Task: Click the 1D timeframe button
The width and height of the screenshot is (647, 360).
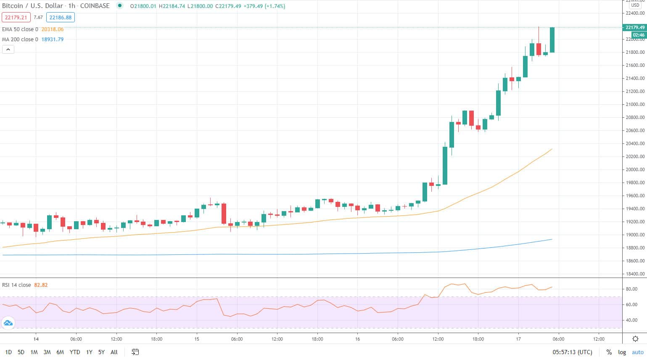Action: pyautogui.click(x=8, y=352)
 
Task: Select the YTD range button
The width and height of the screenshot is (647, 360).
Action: pyautogui.click(x=75, y=352)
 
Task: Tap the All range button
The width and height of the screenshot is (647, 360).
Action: pyautogui.click(x=114, y=352)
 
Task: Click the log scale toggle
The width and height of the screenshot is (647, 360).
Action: pyautogui.click(x=622, y=352)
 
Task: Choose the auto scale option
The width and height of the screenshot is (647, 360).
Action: pyautogui.click(x=637, y=352)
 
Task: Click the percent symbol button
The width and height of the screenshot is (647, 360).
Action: pyautogui.click(x=609, y=352)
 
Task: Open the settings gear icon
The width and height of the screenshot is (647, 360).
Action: pyautogui.click(x=635, y=339)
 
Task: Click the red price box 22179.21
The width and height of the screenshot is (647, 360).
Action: pyautogui.click(x=16, y=17)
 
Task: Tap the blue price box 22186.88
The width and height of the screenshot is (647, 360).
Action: pyautogui.click(x=61, y=17)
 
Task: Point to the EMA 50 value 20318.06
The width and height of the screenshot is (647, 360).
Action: pyautogui.click(x=53, y=29)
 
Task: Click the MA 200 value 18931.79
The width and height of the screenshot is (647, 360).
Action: pyautogui.click(x=53, y=40)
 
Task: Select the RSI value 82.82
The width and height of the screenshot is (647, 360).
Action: pyautogui.click(x=41, y=285)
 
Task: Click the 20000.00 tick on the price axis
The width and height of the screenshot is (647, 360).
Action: pyautogui.click(x=634, y=169)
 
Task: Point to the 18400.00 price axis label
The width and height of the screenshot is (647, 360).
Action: pyautogui.click(x=634, y=274)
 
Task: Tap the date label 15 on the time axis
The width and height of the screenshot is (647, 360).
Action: pyautogui.click(x=197, y=339)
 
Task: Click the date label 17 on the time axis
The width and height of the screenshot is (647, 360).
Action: pyautogui.click(x=518, y=339)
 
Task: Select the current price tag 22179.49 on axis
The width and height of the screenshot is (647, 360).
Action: pyautogui.click(x=634, y=27)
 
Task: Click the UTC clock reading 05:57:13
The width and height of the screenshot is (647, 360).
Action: pyautogui.click(x=572, y=352)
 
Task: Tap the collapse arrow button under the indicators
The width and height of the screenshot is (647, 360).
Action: pyautogui.click(x=8, y=50)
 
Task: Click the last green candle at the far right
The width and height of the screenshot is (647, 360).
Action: pyautogui.click(x=552, y=40)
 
